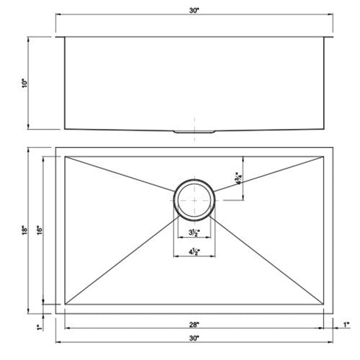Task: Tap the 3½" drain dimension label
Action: click(x=193, y=233)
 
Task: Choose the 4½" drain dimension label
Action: click(x=193, y=252)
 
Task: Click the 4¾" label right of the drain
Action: click(x=238, y=177)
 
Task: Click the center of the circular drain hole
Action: click(x=193, y=196)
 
